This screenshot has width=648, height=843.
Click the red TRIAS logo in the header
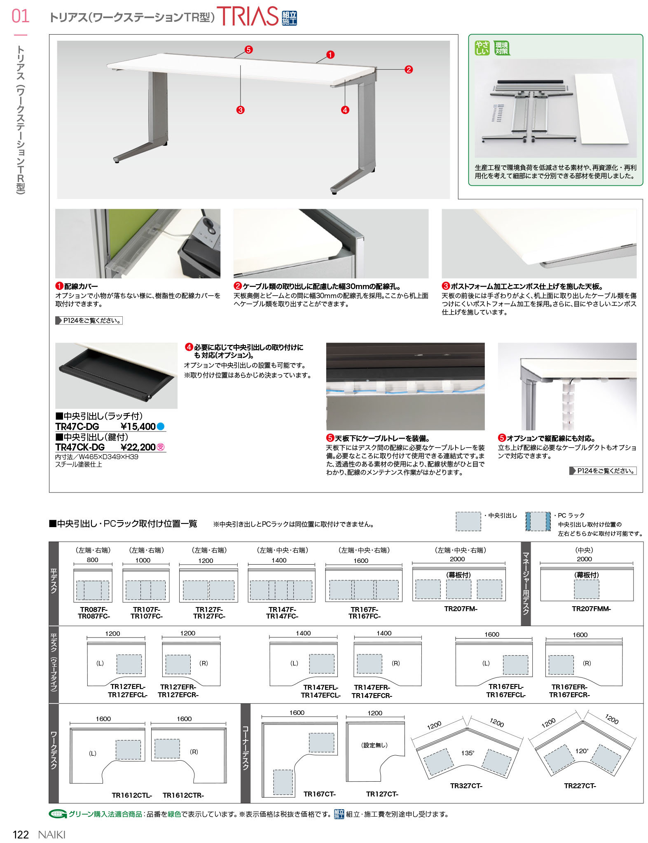tap(248, 16)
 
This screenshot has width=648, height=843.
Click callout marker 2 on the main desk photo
tap(408, 70)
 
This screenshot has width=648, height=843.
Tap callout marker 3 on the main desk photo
tap(240, 110)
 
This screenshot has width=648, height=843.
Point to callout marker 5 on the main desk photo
tap(248, 50)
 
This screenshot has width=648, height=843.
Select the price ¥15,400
tap(138, 427)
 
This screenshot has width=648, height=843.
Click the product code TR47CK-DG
tap(80, 447)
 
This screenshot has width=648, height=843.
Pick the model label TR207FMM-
tap(591, 609)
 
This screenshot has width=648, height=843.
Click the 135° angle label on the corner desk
tap(468, 753)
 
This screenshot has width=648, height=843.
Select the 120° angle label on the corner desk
tap(582, 751)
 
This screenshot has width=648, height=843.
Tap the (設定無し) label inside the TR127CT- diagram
tap(374, 745)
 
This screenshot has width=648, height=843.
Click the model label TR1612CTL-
tap(132, 795)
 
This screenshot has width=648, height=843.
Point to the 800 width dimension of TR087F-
tap(92, 560)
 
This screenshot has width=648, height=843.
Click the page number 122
tap(21, 835)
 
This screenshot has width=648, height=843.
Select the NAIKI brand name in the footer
tap(52, 835)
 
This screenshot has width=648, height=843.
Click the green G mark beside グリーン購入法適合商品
tap(57, 814)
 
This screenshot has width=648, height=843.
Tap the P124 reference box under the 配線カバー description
tap(89, 320)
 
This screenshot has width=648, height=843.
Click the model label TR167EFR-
tap(569, 687)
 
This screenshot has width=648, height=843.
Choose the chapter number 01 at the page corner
tap(21, 16)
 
